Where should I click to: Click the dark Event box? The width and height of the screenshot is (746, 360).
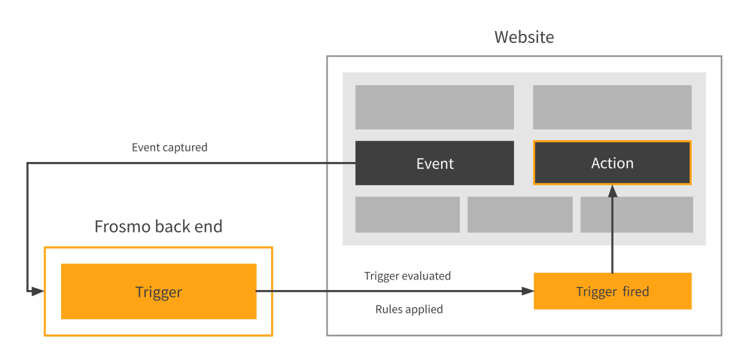[x=434, y=163]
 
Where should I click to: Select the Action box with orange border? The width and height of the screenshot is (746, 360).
[x=612, y=163]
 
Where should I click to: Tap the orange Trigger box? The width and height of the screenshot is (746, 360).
[x=158, y=291]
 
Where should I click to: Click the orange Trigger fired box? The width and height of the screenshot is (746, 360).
[x=612, y=291]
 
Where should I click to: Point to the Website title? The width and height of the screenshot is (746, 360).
[x=524, y=37]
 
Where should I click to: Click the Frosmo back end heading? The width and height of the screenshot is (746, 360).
[x=158, y=227]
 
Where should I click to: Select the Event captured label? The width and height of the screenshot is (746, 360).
[x=169, y=148]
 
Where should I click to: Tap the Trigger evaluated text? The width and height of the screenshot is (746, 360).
[x=407, y=276]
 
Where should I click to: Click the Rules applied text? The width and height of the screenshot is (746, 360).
[x=409, y=309]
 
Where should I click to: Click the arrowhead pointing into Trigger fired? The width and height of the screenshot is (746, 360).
[x=527, y=291]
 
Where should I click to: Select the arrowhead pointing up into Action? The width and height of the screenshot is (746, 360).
[x=612, y=191]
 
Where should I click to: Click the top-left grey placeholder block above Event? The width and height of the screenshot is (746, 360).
[x=434, y=107]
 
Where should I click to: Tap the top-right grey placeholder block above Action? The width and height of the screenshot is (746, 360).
[x=612, y=107]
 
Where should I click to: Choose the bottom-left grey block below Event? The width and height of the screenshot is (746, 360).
[x=407, y=215]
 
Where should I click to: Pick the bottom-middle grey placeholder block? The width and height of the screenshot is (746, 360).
[x=519, y=215]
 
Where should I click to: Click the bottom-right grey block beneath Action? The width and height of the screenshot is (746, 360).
[x=636, y=215]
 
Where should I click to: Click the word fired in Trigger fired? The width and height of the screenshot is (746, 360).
[x=635, y=291]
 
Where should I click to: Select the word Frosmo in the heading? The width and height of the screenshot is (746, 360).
[x=123, y=227]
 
